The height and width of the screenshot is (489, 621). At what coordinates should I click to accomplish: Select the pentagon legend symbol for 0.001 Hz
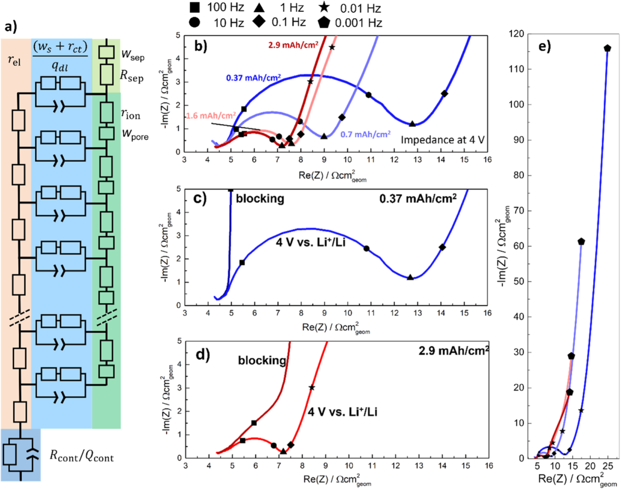pos(323,23)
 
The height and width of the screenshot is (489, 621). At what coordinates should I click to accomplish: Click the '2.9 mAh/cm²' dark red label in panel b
pos(293,45)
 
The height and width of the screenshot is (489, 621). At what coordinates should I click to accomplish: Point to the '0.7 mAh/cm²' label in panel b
pos(365,135)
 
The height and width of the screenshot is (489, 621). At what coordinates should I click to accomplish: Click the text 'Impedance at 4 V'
pos(442,140)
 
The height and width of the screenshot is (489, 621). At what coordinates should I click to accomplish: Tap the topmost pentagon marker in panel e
pos(607,48)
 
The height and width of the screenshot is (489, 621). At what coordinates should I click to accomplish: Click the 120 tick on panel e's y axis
pos(516,34)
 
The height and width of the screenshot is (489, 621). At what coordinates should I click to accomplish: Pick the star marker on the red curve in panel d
pos(312,388)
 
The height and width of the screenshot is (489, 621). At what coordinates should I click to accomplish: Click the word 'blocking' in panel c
pos(260,198)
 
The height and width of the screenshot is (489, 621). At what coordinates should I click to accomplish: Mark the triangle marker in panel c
pos(410,277)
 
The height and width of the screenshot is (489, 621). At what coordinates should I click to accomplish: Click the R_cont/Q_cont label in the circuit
pos(82,456)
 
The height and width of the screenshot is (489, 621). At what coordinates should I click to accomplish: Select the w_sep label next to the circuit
pos(133,55)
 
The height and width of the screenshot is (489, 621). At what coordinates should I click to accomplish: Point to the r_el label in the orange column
pos(14,61)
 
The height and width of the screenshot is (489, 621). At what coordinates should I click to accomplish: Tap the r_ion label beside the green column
pos(131,114)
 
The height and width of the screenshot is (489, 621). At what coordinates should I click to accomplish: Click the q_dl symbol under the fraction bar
pos(60,66)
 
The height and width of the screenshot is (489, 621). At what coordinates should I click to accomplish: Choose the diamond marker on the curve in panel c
pos(442,247)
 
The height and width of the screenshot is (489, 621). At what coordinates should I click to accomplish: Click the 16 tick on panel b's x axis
pos(487,160)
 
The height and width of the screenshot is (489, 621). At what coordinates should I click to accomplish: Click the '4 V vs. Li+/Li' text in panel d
pos(342,412)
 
